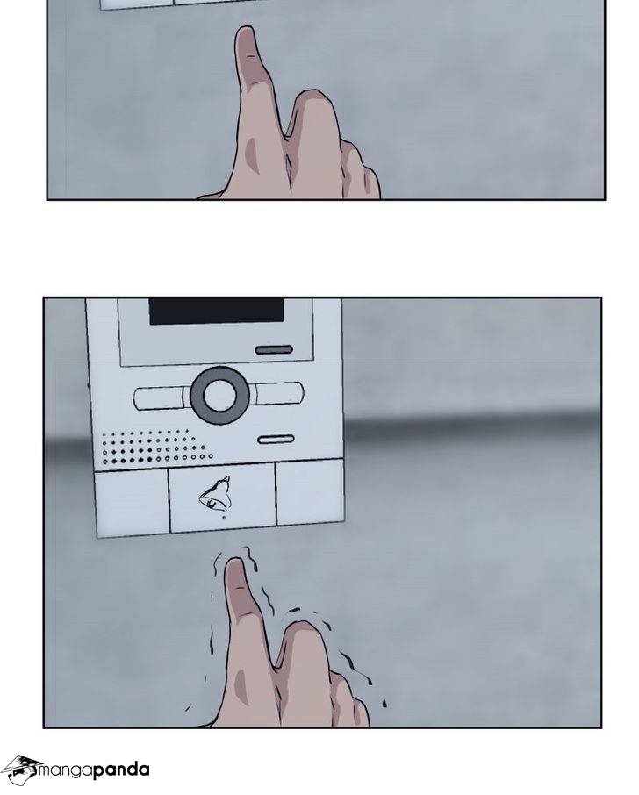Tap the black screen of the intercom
[216, 311]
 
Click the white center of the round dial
[219, 395]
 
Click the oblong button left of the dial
[161, 398]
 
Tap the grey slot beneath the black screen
[274, 350]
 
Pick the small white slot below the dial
[276, 439]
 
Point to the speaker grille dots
[156, 448]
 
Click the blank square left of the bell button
[132, 503]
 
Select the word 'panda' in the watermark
[121, 771]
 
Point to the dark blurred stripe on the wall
[471, 422]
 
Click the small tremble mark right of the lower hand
[384, 703]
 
